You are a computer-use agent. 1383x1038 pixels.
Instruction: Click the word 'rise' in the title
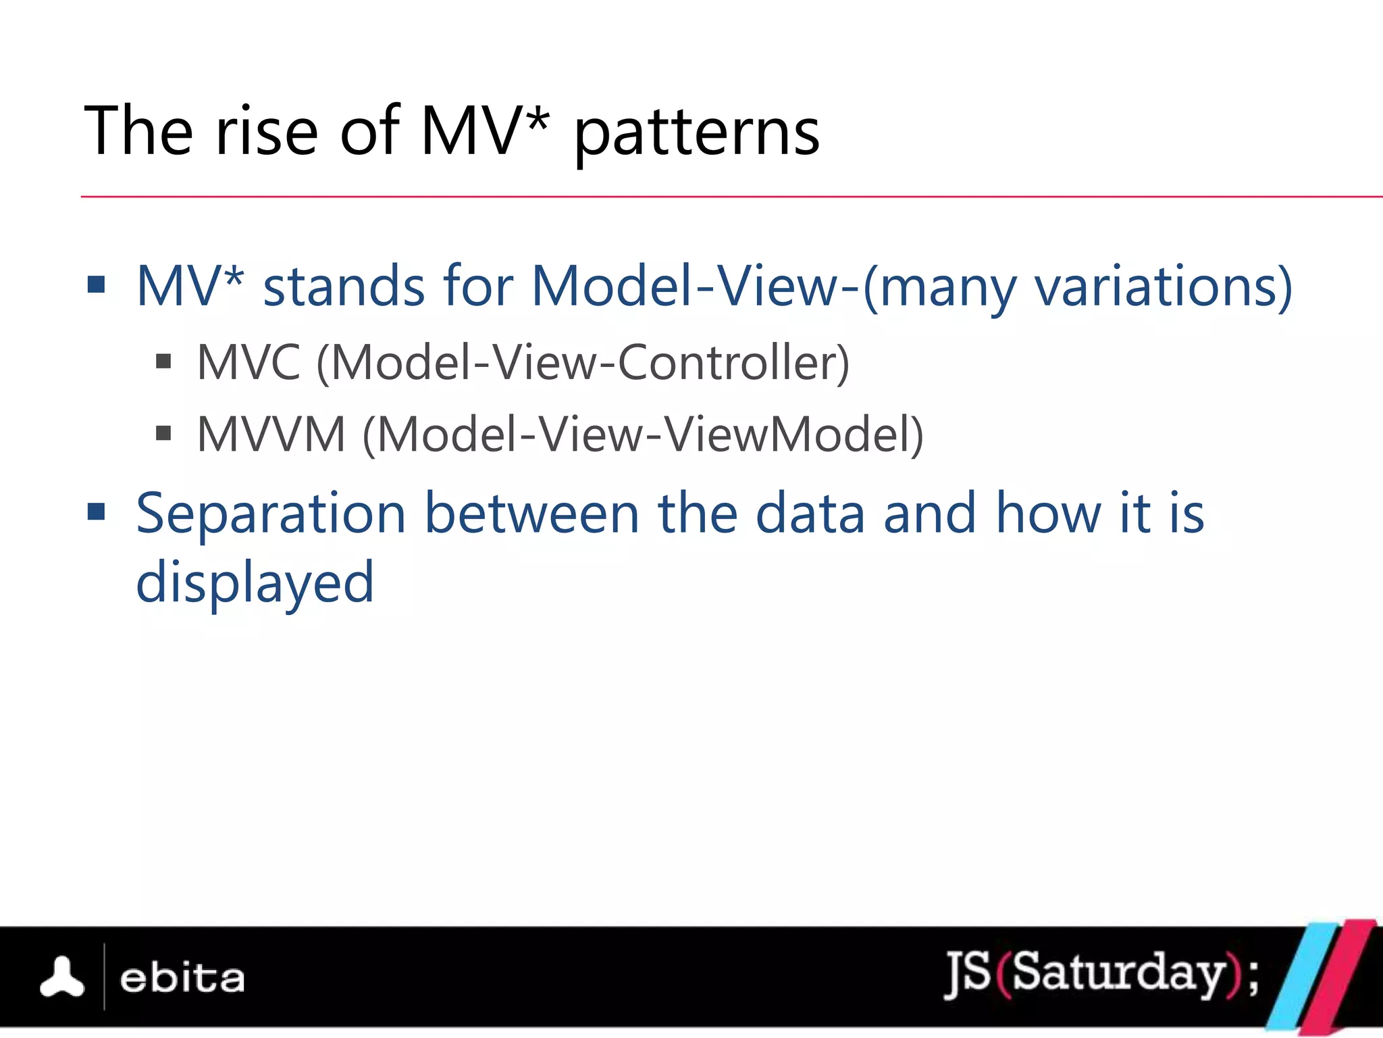[x=266, y=131]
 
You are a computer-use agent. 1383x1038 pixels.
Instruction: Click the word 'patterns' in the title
[x=696, y=134]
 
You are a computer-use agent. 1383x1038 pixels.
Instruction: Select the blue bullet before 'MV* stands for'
[x=97, y=285]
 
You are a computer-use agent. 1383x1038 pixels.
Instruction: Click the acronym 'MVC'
[x=248, y=364]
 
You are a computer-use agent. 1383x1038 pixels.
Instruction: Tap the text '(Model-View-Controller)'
[x=583, y=364]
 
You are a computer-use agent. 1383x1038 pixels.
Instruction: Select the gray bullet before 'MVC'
[x=163, y=362]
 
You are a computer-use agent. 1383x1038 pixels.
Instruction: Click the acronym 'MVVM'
[x=271, y=435]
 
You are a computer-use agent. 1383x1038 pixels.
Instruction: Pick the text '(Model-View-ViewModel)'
[x=643, y=435]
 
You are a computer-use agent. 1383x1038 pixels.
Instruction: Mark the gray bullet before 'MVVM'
[x=163, y=432]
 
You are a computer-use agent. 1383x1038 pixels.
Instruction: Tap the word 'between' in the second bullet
[x=531, y=514]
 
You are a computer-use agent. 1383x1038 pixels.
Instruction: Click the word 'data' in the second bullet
[x=809, y=514]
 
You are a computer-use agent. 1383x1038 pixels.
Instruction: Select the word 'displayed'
[x=255, y=583]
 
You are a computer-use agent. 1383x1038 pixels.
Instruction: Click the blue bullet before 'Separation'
[x=97, y=512]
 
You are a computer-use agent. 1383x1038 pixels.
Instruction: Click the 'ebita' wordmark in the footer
[x=182, y=979]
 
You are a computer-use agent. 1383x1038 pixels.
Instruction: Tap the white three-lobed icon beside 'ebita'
[x=62, y=977]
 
